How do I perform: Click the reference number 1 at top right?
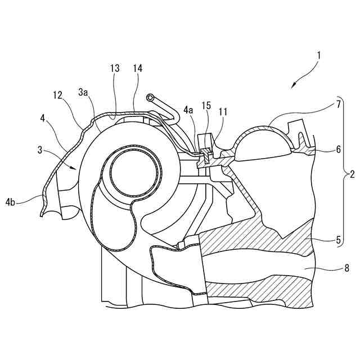(x=319, y=56)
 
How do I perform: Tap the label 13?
(x=115, y=68)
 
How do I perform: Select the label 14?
(x=137, y=68)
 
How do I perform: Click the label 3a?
(x=83, y=91)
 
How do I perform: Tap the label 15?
(x=207, y=105)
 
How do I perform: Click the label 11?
(x=223, y=111)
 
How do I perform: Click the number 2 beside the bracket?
(x=352, y=174)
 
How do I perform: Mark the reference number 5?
(x=338, y=240)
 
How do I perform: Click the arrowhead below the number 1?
(x=293, y=86)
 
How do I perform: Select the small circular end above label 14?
(x=151, y=98)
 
